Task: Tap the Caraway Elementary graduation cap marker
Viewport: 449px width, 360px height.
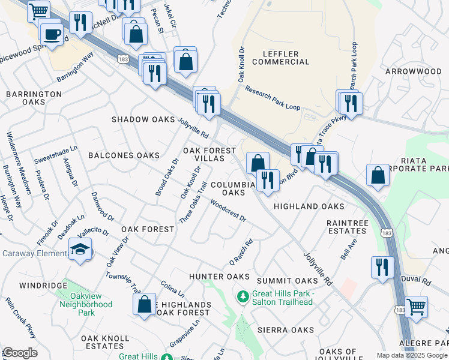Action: tap(80, 250)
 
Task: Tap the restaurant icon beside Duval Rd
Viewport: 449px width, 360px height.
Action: tap(382, 267)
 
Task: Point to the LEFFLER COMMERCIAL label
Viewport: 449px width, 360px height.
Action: tap(281, 58)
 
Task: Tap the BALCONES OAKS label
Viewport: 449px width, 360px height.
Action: tap(124, 155)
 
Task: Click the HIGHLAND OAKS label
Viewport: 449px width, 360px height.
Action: tap(309, 206)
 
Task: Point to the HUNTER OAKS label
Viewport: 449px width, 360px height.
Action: tap(219, 277)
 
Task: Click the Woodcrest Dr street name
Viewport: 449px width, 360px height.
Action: tap(228, 211)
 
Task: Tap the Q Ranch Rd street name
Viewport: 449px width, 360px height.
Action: tap(241, 253)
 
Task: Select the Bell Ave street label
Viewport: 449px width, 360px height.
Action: tap(349, 248)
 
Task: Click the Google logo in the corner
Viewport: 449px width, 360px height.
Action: tap(20, 353)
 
